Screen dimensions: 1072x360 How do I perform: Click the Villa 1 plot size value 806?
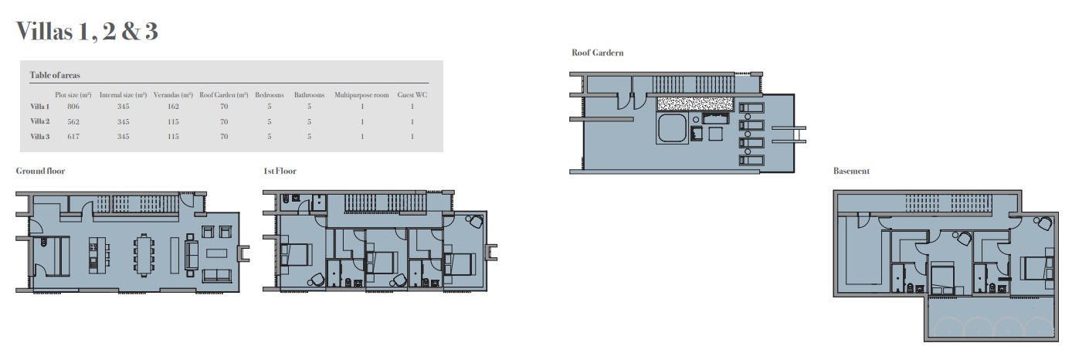73,107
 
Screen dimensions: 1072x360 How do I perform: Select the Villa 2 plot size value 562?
73,121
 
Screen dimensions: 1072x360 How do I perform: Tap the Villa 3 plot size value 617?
73,137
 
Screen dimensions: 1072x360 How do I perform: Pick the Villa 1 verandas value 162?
173,107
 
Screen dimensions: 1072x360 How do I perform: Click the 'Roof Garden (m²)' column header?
223,95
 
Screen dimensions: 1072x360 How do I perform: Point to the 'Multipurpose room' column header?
361,95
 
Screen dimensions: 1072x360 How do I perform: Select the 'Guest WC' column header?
412,95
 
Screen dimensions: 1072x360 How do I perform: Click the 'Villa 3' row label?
39,137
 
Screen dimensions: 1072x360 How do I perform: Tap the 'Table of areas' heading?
55,75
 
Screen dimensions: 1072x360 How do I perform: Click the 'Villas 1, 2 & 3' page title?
87,32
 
